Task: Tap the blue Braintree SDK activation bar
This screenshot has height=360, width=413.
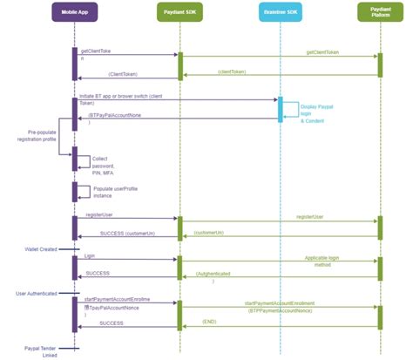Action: tap(280, 108)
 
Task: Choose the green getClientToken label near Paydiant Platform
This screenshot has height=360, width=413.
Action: tap(322, 52)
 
